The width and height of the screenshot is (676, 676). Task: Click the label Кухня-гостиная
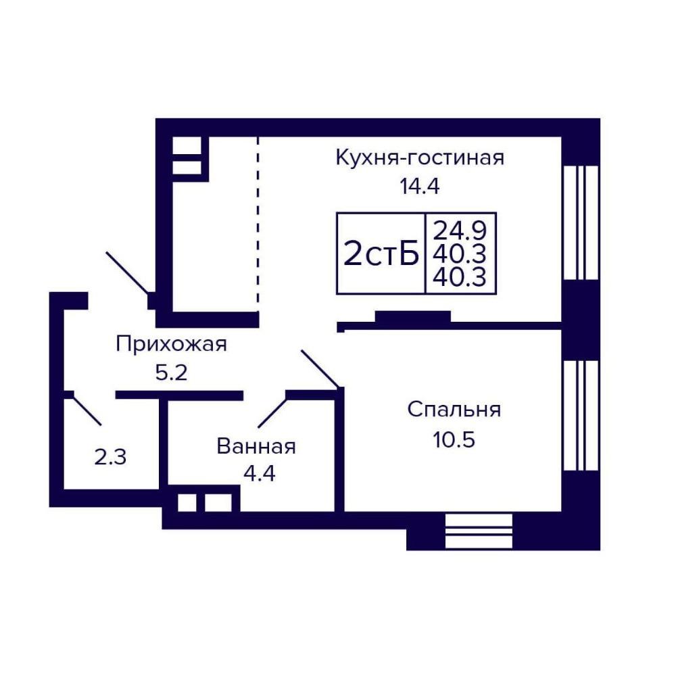pos(420,158)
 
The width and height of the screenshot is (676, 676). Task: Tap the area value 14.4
pos(420,187)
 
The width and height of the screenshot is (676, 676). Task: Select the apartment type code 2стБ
pos(381,254)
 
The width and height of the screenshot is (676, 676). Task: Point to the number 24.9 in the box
pos(460,231)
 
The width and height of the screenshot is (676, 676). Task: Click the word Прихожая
pos(171,345)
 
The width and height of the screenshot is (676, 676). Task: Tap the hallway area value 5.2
pos(171,372)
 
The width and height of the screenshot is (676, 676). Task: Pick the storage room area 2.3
pos(110,457)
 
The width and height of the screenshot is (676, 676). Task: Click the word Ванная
pos(256,446)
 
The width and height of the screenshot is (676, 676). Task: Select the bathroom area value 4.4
pos(259,474)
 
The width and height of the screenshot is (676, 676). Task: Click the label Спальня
pos(454,410)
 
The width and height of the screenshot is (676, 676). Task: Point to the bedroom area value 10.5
pos(454,440)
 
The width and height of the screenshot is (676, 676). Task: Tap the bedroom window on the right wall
pos(581,416)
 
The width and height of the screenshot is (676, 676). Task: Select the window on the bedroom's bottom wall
pos(479,531)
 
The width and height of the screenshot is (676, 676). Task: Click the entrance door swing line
pos(128,273)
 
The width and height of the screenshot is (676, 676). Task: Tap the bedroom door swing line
pos(320,368)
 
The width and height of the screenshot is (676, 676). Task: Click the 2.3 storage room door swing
pos(87,410)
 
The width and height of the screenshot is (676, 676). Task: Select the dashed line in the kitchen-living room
pos(258,224)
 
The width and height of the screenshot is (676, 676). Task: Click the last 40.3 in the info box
pos(460,277)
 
